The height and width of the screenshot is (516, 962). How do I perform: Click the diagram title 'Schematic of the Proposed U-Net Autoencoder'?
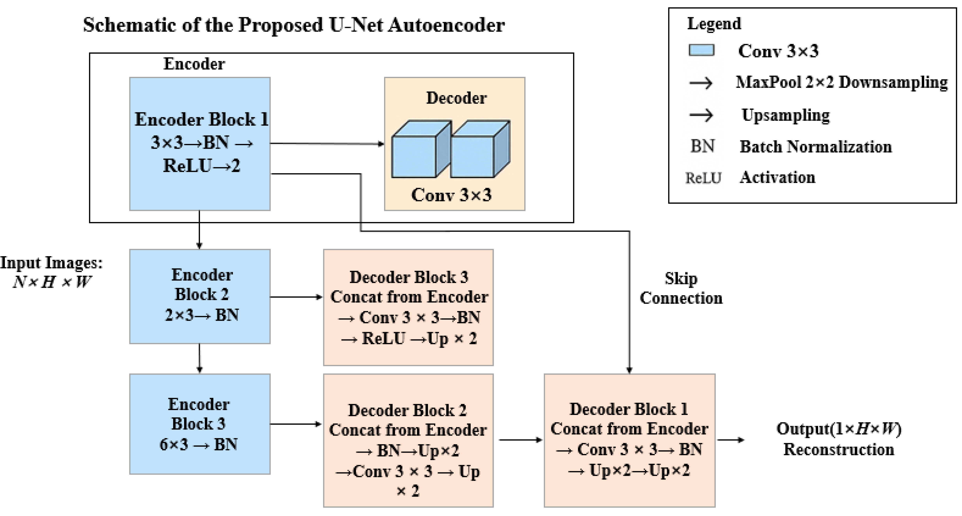coord(294,25)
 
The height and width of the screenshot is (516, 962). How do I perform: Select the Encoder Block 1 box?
coord(200,144)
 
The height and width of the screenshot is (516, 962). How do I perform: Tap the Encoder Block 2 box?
coord(200,296)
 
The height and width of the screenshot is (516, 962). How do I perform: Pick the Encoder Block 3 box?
coord(200,424)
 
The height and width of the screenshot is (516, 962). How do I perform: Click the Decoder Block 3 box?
coord(408,307)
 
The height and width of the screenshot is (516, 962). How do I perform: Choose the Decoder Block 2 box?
coord(408,440)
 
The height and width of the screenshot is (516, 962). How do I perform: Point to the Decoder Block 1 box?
coord(629,440)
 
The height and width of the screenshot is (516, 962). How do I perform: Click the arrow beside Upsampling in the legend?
coord(701,115)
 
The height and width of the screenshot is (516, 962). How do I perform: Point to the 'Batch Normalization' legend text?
coord(816,147)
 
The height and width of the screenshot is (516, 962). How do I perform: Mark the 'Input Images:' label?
coord(51,263)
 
